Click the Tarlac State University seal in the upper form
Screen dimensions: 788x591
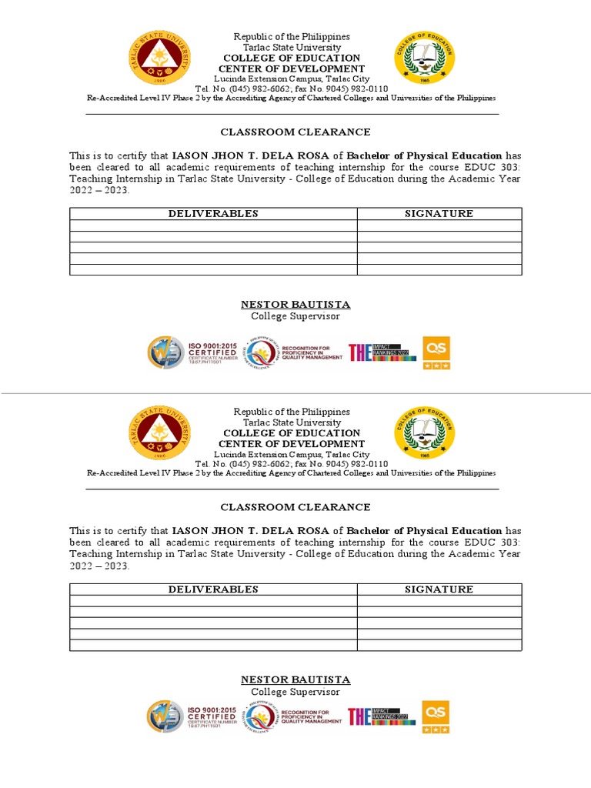click(161, 59)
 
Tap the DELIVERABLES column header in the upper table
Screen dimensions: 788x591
click(213, 214)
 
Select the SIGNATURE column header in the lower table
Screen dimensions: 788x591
click(439, 589)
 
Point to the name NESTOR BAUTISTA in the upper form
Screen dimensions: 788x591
click(295, 304)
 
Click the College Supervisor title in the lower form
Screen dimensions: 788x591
click(295, 692)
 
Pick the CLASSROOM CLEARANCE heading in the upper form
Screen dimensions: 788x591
click(295, 132)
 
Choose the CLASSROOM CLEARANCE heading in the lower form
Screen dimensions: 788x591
click(295, 507)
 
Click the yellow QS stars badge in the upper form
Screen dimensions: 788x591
click(436, 352)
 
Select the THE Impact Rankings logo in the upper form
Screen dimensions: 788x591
click(382, 352)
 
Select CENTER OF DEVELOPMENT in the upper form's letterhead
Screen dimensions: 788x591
click(292, 68)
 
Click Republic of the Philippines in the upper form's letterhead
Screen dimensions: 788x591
click(292, 37)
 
